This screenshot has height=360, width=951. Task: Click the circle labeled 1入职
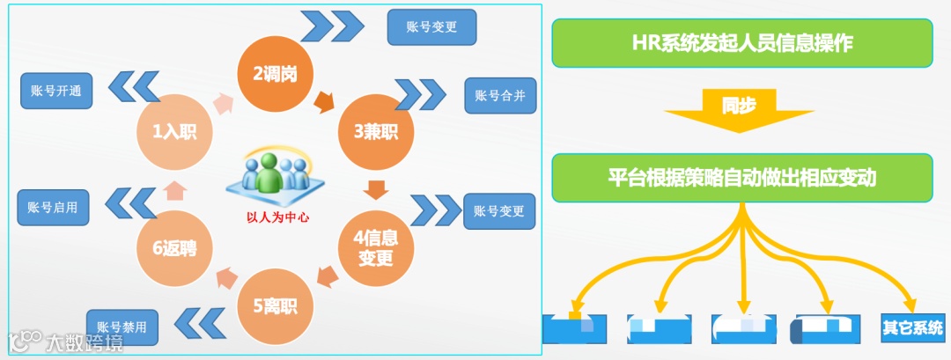(x=174, y=132)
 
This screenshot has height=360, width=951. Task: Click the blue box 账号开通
(x=56, y=92)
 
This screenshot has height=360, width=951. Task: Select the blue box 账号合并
(x=499, y=95)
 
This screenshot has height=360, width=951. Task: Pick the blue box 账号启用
(x=53, y=208)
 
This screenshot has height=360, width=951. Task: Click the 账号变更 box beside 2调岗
(x=431, y=26)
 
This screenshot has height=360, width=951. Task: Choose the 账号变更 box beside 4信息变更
(x=498, y=211)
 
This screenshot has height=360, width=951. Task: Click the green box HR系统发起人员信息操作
(x=741, y=43)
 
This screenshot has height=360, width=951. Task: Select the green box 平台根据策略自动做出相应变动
(x=741, y=177)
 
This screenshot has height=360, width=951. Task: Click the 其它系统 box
(x=912, y=327)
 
